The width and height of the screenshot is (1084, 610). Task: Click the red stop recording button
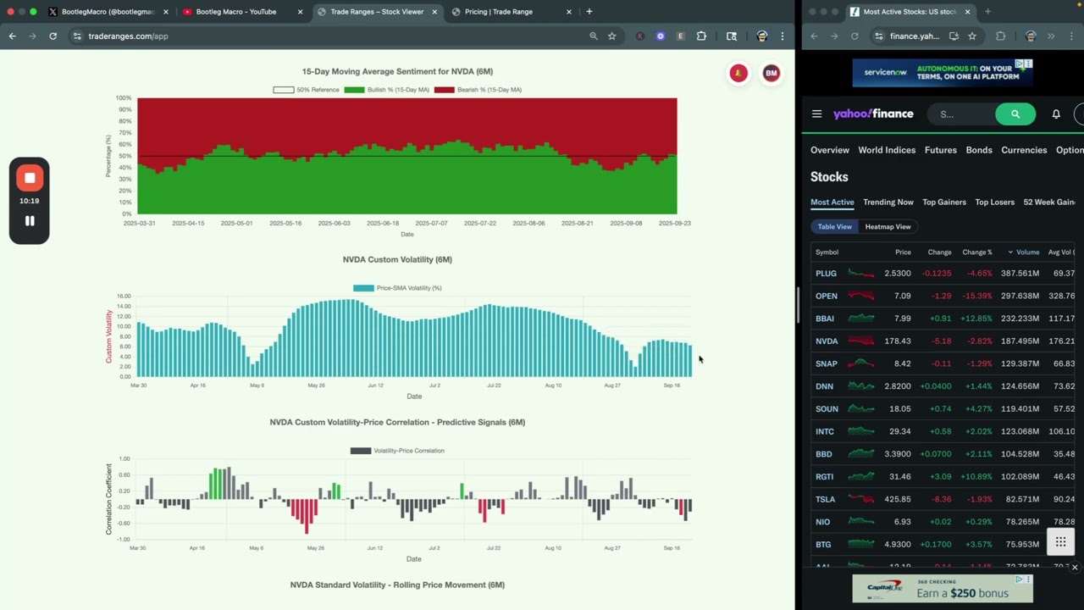click(30, 178)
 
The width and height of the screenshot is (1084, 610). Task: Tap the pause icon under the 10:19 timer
click(30, 221)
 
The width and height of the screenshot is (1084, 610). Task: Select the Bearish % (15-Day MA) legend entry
click(478, 90)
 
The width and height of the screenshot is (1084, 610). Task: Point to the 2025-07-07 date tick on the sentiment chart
click(432, 224)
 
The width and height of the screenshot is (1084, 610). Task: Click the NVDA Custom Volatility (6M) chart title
click(397, 259)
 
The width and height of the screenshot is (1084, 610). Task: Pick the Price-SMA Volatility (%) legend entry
click(397, 288)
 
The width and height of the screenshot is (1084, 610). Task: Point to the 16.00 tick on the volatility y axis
click(124, 297)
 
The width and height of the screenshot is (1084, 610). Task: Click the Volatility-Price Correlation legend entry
click(397, 451)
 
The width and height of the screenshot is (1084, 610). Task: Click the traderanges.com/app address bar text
click(128, 36)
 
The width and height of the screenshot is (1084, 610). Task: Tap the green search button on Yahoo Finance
click(1015, 114)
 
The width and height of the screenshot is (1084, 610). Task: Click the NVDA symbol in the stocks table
click(827, 341)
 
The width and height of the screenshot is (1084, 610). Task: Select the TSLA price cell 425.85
click(897, 500)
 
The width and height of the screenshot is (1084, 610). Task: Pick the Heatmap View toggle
click(888, 227)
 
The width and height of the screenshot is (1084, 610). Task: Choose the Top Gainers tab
click(943, 202)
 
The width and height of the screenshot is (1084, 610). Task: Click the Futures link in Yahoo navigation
click(940, 150)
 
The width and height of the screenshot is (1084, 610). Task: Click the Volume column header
click(1027, 252)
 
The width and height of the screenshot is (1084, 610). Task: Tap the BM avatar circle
click(771, 74)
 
